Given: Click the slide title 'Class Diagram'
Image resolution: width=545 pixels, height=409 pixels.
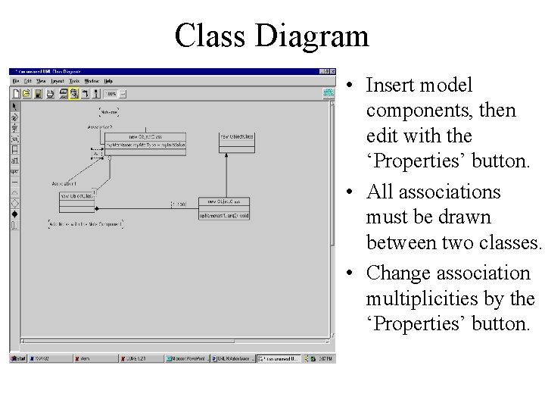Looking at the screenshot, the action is [272, 36].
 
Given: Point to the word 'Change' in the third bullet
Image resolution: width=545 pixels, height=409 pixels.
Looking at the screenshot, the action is [398, 272].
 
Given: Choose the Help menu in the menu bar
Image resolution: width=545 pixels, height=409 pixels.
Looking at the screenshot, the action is [108, 80].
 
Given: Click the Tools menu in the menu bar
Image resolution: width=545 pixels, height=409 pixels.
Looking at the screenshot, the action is [74, 80].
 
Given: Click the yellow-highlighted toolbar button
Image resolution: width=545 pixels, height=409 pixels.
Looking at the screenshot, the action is [74, 94].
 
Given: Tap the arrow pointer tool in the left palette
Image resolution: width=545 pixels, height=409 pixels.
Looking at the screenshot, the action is [14, 107].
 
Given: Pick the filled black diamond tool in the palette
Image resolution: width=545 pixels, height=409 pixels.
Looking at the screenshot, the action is [14, 214].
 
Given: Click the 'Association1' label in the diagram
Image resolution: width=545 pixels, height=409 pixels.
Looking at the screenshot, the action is [64, 184].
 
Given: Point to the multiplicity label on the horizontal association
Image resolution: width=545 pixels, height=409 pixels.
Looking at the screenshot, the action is [179, 204].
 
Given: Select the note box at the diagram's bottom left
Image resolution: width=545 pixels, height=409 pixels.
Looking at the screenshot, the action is [85, 224].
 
